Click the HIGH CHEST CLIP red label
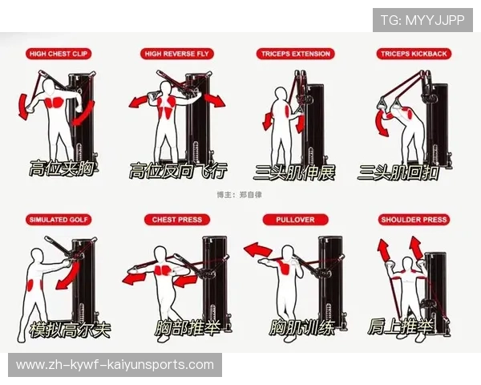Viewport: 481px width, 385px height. pyautogui.click(x=59, y=54)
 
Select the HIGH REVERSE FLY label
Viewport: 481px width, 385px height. pyautogui.click(x=176, y=54)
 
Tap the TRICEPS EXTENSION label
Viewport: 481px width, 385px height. pyautogui.click(x=295, y=54)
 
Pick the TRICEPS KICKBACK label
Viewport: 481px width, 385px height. pyautogui.click(x=414, y=54)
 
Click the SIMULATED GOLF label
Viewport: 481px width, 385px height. pyautogui.click(x=59, y=220)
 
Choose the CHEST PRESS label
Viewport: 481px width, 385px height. pyautogui.click(x=177, y=220)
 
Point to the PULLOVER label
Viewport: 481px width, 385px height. pyautogui.click(x=295, y=220)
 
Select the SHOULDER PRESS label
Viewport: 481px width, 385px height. pyautogui.click(x=414, y=220)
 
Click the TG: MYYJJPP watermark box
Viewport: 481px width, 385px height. pyautogui.click(x=422, y=20)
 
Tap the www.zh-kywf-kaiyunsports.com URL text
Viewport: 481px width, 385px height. pyautogui.click(x=115, y=365)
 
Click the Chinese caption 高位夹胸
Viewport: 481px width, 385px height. pyautogui.click(x=62, y=168)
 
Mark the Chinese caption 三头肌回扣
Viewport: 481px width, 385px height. pyautogui.click(x=398, y=172)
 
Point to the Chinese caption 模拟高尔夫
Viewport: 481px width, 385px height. pyautogui.click(x=70, y=330)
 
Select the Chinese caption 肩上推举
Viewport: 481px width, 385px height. pyautogui.click(x=400, y=326)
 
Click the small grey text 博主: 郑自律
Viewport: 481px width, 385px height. pyautogui.click(x=239, y=195)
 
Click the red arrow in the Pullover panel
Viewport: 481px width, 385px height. pyautogui.click(x=257, y=250)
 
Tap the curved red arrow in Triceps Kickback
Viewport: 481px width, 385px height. pyautogui.click(x=380, y=123)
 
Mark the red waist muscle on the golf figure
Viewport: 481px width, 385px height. pyautogui.click(x=30, y=285)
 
